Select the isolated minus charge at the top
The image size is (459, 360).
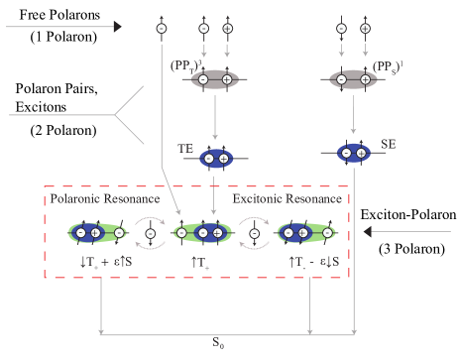(162, 28)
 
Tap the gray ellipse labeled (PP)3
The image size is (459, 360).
(215, 77)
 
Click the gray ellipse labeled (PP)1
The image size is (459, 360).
(353, 77)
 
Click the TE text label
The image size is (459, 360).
(185, 148)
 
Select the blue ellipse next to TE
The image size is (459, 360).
(215, 158)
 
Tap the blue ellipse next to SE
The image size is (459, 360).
(353, 154)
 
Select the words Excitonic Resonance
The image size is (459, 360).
(287, 199)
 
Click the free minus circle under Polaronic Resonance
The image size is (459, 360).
(151, 235)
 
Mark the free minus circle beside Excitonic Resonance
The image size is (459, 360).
(255, 235)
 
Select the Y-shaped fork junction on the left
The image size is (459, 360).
(117, 116)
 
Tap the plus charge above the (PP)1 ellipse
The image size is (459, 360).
(364, 28)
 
